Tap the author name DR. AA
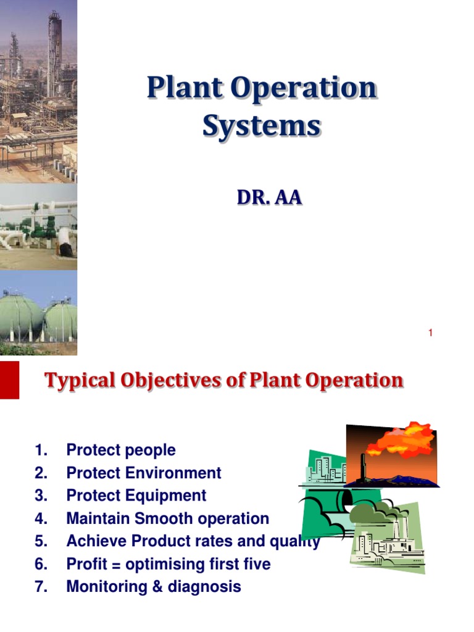pos(270,197)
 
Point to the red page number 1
pos(430,333)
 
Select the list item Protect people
pos(120,451)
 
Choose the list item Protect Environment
pos(143,473)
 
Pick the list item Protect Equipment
pos(136,496)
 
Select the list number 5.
pos(41,541)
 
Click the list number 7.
pos(41,587)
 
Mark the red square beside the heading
pos(9,380)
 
